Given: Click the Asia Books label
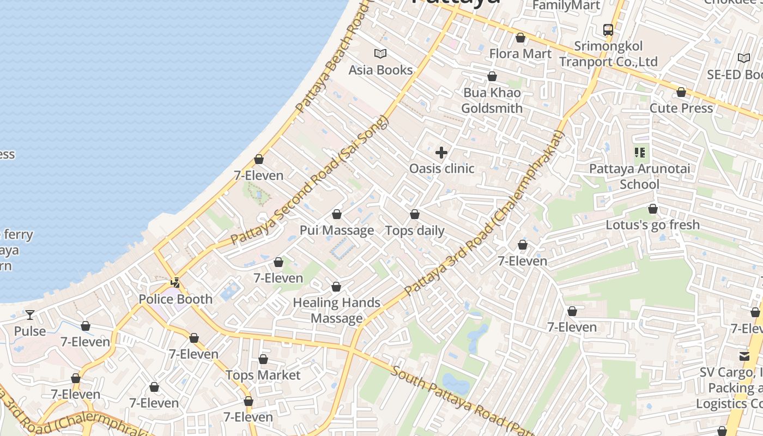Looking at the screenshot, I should point(380,70).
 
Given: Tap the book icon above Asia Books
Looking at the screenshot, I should point(380,53).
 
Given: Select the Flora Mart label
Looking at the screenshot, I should point(520,53).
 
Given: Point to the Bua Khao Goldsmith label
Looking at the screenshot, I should point(492,100).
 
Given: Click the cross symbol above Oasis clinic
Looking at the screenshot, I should point(441,153).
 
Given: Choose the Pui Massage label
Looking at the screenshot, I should point(337,230).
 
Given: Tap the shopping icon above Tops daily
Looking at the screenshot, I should point(415,214).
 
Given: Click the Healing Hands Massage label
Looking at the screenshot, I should point(337,310).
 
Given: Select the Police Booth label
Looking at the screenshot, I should point(175,299).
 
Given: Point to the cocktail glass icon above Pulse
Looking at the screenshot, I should point(30,315).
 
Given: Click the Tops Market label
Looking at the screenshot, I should point(263,375).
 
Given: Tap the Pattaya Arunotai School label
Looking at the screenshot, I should point(639,176).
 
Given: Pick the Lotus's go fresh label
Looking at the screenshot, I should point(652,225).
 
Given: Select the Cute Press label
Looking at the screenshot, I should point(681,108).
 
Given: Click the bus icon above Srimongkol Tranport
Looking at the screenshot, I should point(608,29).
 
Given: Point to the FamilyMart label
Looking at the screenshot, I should point(566,5).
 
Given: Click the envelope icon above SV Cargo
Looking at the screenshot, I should point(744,356).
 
